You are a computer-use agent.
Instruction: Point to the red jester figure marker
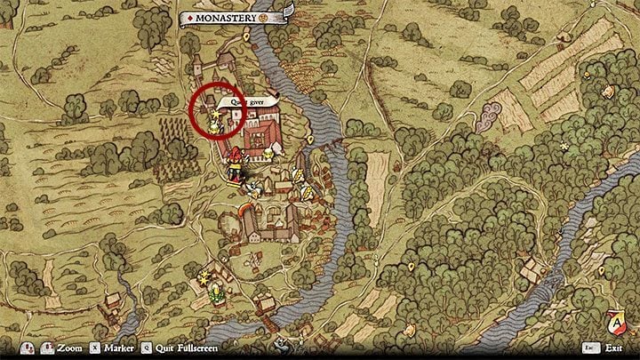point(236,163)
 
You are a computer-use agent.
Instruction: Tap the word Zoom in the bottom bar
point(69,349)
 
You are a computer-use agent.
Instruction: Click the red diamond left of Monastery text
point(191,17)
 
